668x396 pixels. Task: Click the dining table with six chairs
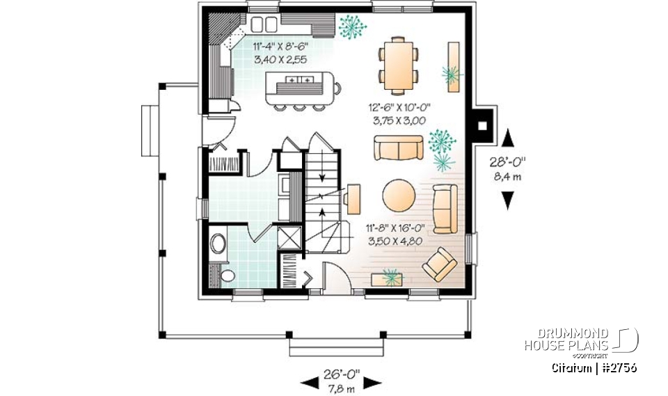tap(399, 65)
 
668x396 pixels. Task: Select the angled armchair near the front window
tap(438, 263)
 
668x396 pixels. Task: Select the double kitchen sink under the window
tap(264, 25)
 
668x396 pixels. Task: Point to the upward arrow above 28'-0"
tap(509, 137)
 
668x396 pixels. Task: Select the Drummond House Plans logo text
tap(566, 340)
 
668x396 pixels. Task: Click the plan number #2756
tap(618, 367)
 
